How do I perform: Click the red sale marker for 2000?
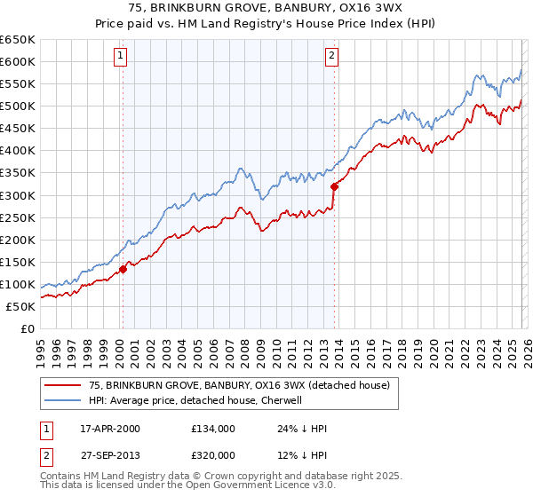click(x=123, y=270)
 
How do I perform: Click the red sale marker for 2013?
click(x=334, y=186)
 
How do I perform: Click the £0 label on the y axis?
click(x=28, y=328)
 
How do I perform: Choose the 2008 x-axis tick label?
click(x=244, y=347)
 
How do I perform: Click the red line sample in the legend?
click(x=63, y=385)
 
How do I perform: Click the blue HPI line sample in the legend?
click(x=63, y=400)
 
